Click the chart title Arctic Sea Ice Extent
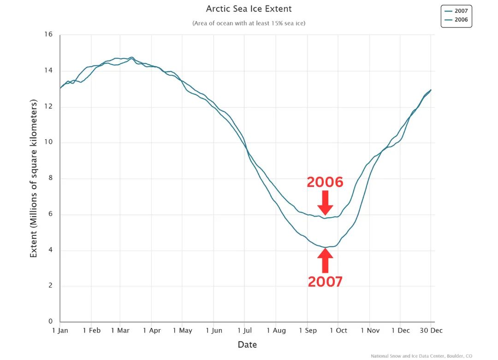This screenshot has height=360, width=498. point(249,9)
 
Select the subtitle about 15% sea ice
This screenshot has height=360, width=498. point(249,23)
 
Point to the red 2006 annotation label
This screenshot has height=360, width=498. point(325,182)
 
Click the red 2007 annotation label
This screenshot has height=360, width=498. point(325,282)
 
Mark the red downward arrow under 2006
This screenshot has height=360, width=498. point(325,202)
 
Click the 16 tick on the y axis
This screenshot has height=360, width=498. point(49,35)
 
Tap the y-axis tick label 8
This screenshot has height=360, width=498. point(51,178)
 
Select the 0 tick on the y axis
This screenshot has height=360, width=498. point(51,321)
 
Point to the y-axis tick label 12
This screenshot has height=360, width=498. point(49,107)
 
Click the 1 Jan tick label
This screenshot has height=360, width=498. point(60,330)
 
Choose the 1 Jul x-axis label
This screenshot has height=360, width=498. point(244,330)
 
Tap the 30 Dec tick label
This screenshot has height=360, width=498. point(431,330)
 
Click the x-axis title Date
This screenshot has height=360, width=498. point(247,345)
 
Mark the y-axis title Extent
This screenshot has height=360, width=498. point(34,179)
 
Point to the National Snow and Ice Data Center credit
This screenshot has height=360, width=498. point(421,356)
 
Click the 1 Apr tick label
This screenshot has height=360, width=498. point(151,330)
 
